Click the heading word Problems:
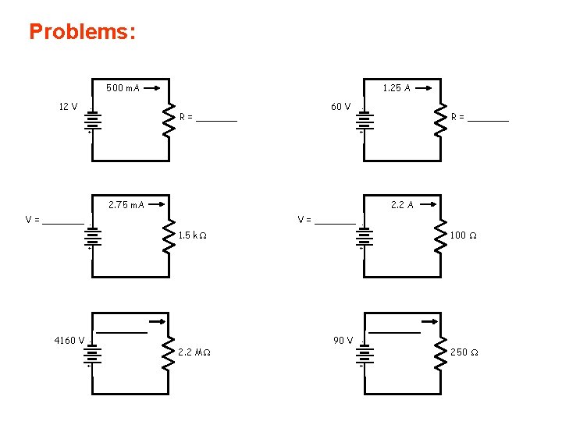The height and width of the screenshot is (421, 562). [82, 32]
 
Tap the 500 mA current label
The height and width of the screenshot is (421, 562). [123, 88]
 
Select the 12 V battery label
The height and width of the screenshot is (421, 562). [68, 107]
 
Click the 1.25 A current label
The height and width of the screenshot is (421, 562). [397, 88]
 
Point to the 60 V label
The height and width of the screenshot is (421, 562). [340, 107]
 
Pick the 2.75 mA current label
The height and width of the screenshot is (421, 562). [126, 205]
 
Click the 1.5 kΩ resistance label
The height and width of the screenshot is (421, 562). [193, 235]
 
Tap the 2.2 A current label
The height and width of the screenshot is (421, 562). [402, 205]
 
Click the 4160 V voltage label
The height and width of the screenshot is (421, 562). [69, 340]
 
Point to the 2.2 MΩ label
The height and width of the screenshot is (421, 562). [194, 352]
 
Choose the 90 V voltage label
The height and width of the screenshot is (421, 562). [343, 340]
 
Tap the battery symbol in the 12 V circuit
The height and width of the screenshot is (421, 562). [92, 121]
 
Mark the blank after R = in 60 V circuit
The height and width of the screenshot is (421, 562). [490, 119]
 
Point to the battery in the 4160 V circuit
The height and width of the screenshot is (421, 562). [92, 354]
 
